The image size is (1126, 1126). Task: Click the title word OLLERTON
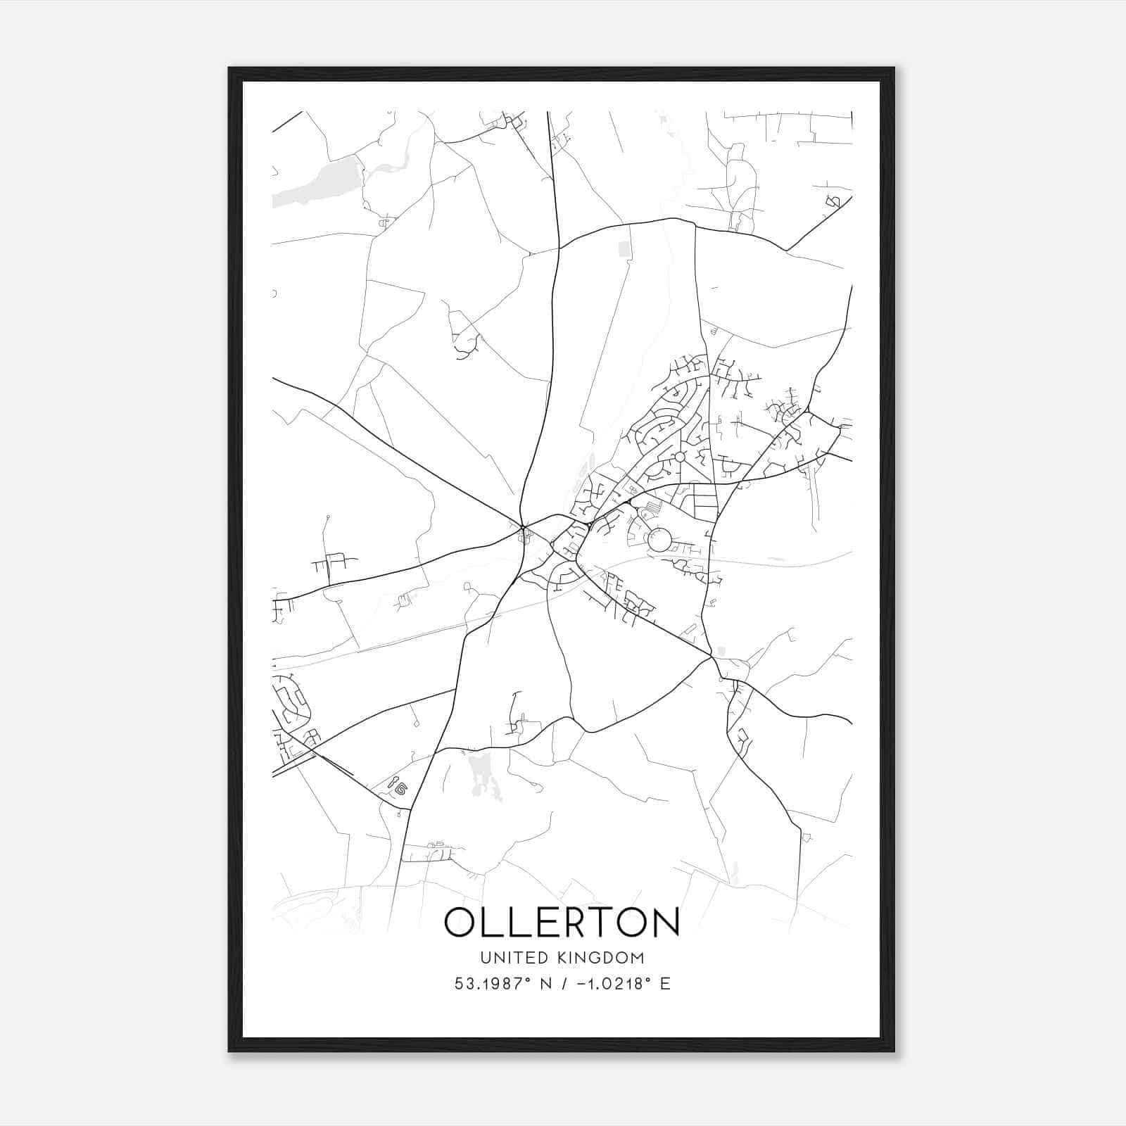point(562,922)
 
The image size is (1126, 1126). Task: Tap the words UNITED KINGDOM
point(562,957)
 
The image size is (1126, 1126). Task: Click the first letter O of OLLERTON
point(460,922)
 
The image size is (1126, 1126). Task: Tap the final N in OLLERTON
point(664,922)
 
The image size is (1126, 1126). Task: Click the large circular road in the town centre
point(660,540)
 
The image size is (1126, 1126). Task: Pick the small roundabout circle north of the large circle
point(679,457)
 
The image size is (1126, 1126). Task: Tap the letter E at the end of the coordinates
point(665,984)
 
